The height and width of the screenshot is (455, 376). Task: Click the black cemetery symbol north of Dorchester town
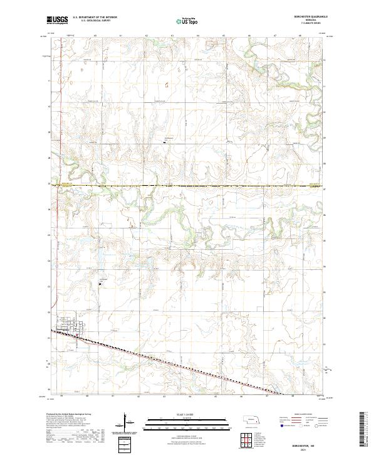[100, 283]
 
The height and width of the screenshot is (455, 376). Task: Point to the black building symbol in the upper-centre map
[164, 142]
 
